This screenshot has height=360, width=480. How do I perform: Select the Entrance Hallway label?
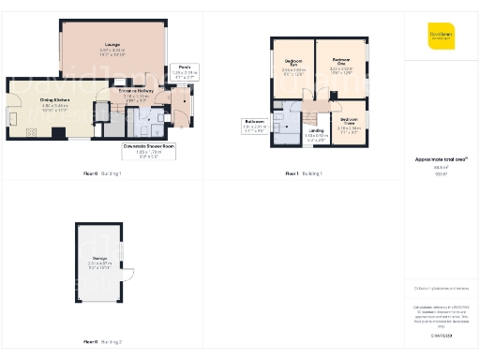click(x=135, y=94)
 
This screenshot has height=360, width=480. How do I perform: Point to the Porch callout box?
click(x=182, y=71)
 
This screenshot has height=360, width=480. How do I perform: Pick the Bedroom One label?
click(x=340, y=67)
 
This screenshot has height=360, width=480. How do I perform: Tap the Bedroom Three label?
click(x=348, y=124)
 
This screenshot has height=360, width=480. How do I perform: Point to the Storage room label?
click(x=100, y=262)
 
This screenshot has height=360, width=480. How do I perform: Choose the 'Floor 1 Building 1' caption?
click(x=303, y=174)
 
